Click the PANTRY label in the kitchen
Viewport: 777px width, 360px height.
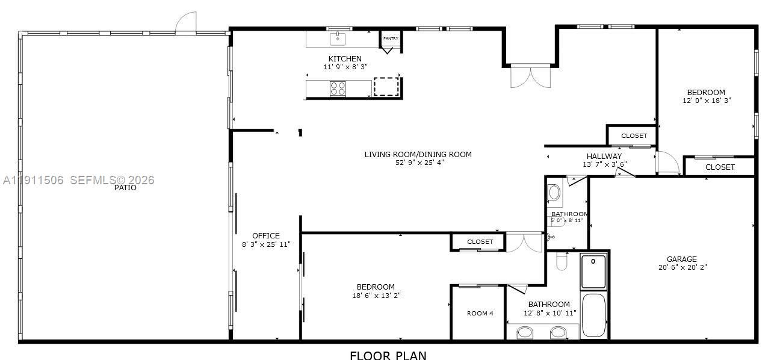click(391, 39)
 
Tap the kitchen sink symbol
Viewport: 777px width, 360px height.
click(338, 39)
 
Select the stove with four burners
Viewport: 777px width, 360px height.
click(338, 88)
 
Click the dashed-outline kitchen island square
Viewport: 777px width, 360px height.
click(386, 87)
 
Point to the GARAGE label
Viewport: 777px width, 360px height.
click(681, 259)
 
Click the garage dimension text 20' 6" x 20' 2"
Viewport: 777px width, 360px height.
click(681, 267)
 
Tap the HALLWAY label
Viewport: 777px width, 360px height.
click(604, 157)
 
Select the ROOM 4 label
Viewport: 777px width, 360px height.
click(480, 313)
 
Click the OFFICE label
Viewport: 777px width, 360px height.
click(265, 236)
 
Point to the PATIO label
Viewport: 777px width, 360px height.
click(125, 188)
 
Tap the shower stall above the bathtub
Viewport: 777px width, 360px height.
click(593, 271)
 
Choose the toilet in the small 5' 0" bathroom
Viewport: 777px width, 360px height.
click(554, 193)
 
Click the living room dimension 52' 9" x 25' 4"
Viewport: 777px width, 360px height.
click(418, 163)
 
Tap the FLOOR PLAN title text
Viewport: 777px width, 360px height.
click(388, 355)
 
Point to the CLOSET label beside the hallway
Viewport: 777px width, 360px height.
click(634, 136)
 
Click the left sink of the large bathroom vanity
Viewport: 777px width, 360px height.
click(525, 332)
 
